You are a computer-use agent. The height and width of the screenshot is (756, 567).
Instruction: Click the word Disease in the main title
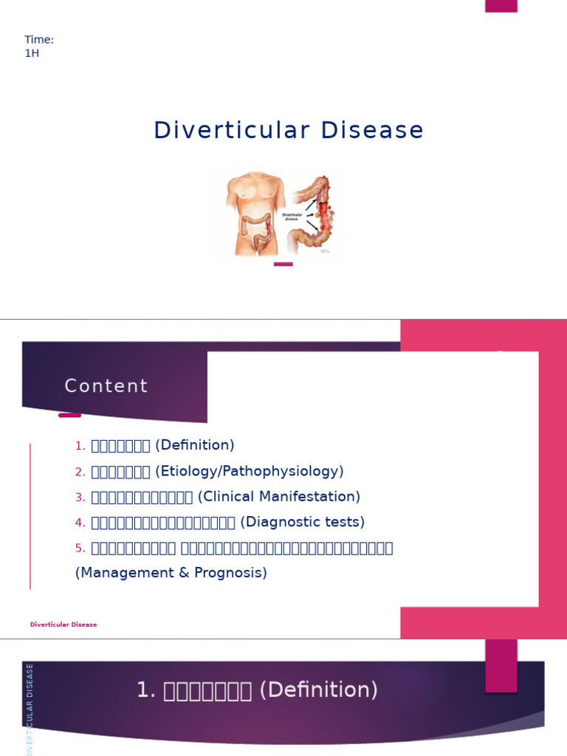374,130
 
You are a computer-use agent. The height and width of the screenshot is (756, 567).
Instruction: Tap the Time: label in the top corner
39,40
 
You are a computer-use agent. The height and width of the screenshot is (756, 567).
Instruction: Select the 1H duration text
32,53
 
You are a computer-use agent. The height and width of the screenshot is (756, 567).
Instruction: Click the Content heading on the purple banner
106,386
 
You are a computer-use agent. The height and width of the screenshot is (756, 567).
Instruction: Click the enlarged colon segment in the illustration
323,214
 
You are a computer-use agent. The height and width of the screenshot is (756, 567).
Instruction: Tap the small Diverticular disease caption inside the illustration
292,216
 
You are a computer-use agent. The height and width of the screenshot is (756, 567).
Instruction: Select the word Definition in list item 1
195,445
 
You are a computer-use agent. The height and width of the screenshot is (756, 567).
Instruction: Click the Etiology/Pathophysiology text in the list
250,471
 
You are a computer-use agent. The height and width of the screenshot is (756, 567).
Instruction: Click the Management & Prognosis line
171,572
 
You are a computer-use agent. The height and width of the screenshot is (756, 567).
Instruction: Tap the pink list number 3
80,497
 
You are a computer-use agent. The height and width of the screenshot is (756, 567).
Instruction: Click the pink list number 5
80,548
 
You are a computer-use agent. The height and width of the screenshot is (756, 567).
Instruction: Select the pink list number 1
80,446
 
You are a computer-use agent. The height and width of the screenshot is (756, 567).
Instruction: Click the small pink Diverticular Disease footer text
63,625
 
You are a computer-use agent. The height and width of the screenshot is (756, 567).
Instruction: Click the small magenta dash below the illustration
283,264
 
